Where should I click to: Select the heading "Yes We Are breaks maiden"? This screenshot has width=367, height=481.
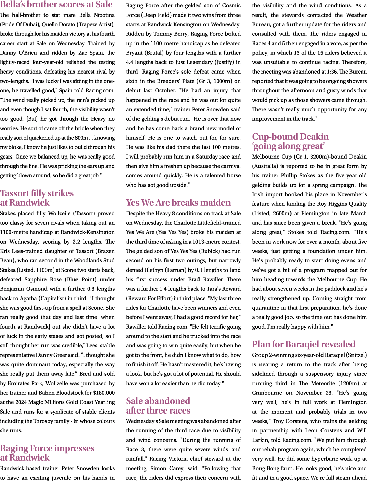click(179, 203)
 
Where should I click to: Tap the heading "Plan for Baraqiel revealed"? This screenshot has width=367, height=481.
click(304, 344)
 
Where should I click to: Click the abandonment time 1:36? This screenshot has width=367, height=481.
click(330, 72)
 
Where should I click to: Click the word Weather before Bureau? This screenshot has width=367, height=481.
click(355, 15)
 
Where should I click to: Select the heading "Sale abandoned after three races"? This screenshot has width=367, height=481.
click(158, 405)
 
